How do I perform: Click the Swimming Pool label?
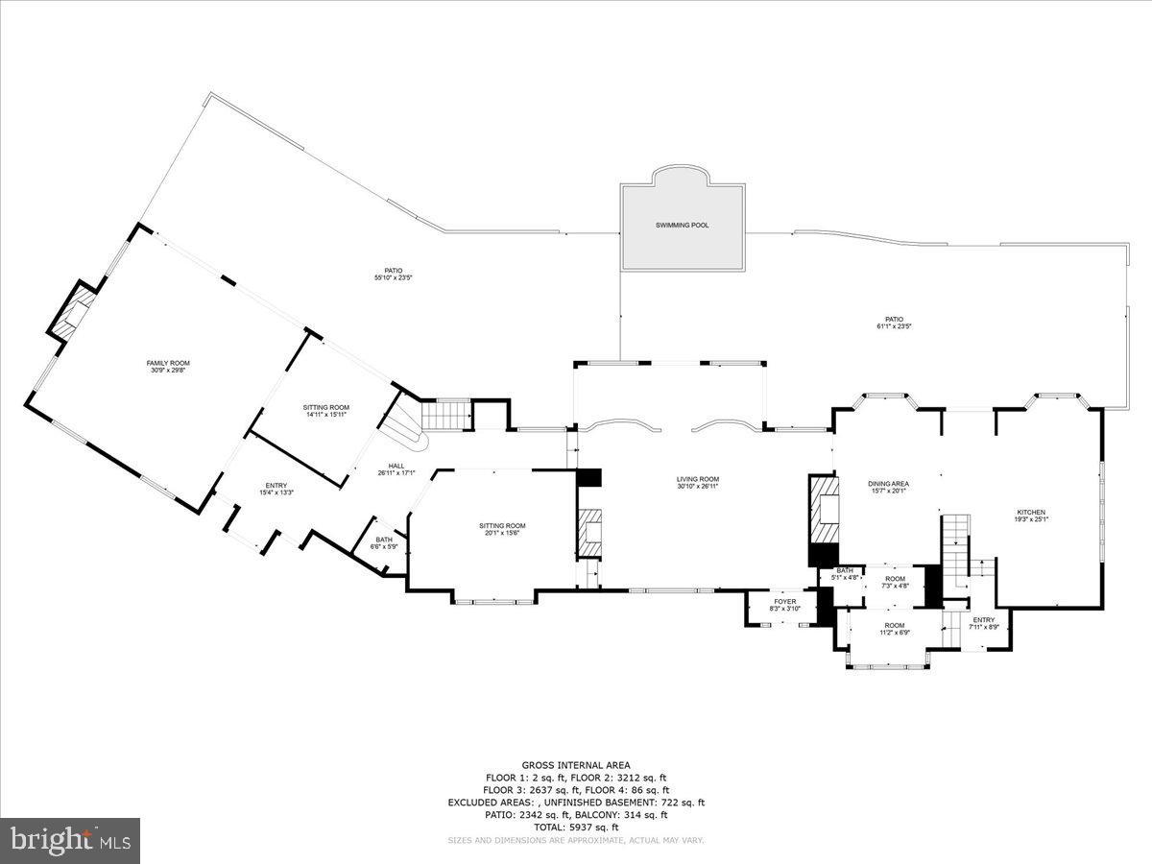[x=682, y=225]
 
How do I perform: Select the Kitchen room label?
[x=1031, y=513]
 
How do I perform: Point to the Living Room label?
[x=697, y=479]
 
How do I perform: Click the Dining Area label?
[x=888, y=483]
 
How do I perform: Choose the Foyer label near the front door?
[x=785, y=602]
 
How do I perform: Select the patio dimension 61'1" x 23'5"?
[x=894, y=326]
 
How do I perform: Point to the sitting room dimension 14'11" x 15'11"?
[x=326, y=415]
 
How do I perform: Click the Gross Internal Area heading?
[x=575, y=765]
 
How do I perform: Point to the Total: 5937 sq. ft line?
[x=575, y=827]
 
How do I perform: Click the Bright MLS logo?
[x=70, y=841]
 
